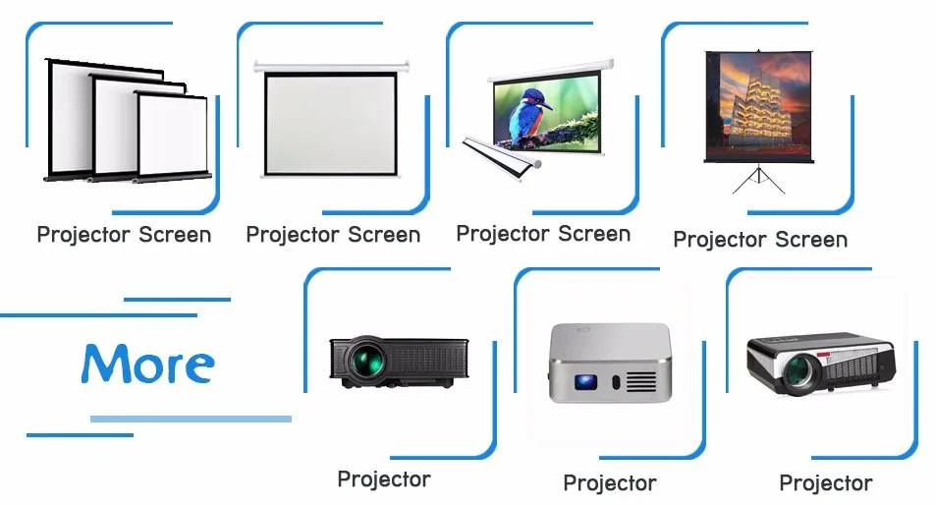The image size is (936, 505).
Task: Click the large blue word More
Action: click(x=147, y=364)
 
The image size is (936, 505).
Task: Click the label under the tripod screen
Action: click(x=759, y=240)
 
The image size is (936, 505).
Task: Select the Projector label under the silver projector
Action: click(x=609, y=483)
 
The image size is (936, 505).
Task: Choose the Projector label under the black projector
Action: click(x=383, y=479)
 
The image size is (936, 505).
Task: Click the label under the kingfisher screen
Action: click(x=543, y=235)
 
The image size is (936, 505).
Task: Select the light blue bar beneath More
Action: click(x=191, y=419)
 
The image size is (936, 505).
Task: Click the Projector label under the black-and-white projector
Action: click(x=825, y=483)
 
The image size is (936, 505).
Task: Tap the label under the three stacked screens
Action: click(x=124, y=236)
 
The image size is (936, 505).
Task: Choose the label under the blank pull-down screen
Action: click(x=333, y=236)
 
